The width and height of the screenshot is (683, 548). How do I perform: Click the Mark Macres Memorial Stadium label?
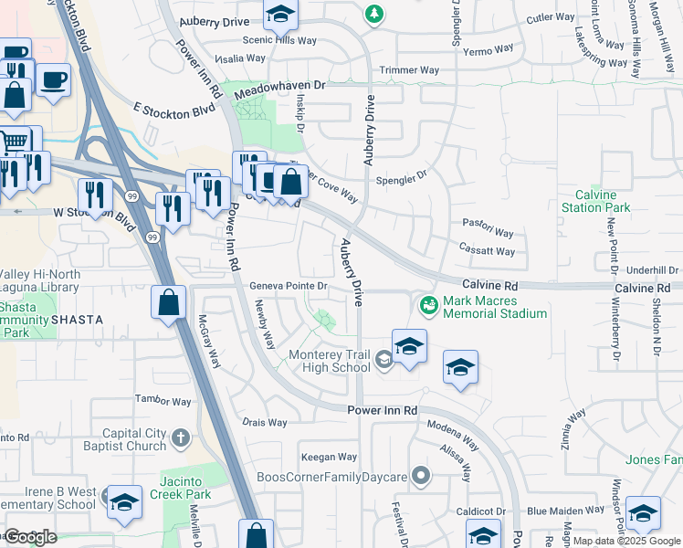pyautogui.click(x=494, y=307)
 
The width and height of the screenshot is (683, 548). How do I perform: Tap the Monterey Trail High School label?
pyautogui.click(x=330, y=361)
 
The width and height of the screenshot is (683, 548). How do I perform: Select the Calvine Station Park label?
pyautogui.click(x=603, y=201)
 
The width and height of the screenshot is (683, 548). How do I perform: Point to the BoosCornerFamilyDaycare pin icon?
pyautogui.click(x=420, y=475)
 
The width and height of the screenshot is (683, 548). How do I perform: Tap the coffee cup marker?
pyautogui.click(x=53, y=80)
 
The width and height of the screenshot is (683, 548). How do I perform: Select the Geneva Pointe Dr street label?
pyautogui.click(x=289, y=286)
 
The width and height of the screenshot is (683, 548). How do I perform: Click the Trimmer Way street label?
pyautogui.click(x=410, y=70)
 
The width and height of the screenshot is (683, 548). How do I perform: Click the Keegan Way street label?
pyautogui.click(x=329, y=457)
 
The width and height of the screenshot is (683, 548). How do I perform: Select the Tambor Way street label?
pyautogui.click(x=163, y=401)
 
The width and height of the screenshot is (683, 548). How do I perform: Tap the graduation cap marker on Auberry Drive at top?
pyautogui.click(x=280, y=15)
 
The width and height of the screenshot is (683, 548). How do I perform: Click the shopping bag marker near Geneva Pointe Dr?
pyautogui.click(x=169, y=302)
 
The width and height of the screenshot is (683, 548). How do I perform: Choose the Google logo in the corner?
pyautogui.click(x=31, y=537)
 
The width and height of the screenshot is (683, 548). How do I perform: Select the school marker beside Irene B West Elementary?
pyautogui.click(x=124, y=502)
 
